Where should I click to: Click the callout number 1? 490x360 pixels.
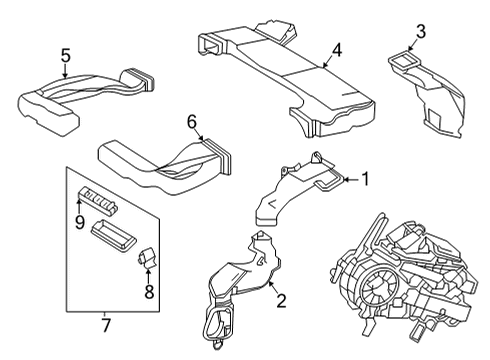[x=364, y=180]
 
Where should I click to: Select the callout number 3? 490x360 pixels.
[x=420, y=33]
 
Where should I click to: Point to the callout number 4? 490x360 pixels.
[x=338, y=49]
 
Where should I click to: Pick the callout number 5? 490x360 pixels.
[x=65, y=56]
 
